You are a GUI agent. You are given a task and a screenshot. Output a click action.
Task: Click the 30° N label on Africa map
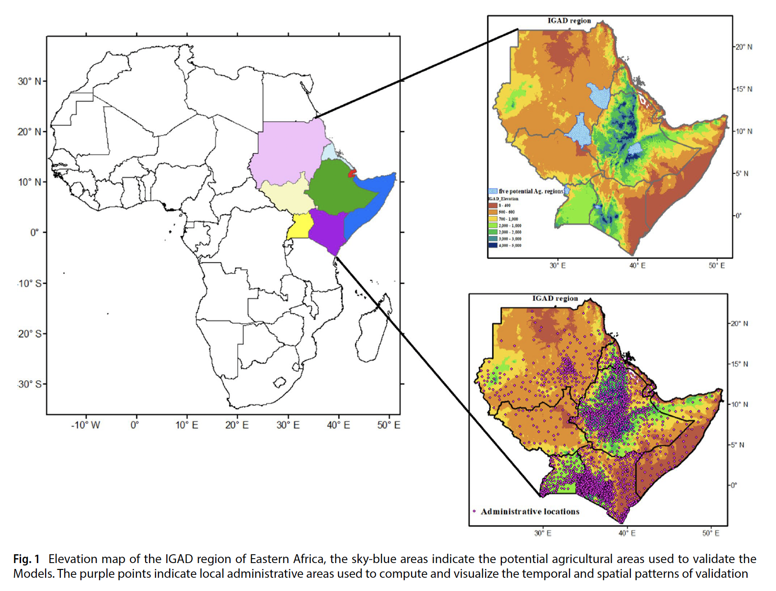click(x=29, y=81)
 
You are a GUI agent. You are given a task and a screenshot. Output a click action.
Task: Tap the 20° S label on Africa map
click(x=29, y=334)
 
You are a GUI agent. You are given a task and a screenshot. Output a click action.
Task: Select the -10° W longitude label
click(x=85, y=425)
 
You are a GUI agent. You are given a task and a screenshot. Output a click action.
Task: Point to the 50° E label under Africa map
click(x=388, y=425)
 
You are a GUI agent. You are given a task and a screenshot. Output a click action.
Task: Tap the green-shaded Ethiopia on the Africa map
click(x=338, y=189)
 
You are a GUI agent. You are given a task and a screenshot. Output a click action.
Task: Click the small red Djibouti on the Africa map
click(x=352, y=173)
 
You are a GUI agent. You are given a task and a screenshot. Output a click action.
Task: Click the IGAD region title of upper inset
click(x=569, y=21)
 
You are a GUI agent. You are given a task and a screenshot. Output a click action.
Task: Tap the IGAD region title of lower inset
click(x=555, y=298)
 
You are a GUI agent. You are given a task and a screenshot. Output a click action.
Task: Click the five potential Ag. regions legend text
click(x=531, y=191)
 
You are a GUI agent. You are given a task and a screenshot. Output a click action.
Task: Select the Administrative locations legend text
click(x=530, y=512)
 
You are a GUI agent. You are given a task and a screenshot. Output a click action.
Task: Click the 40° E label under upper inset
click(x=637, y=266)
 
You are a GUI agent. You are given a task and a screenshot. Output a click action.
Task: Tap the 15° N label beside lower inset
click(x=739, y=364)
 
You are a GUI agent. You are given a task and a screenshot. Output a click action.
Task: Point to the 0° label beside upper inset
click(x=738, y=215)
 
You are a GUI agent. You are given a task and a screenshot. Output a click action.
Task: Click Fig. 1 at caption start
click(x=26, y=559)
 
